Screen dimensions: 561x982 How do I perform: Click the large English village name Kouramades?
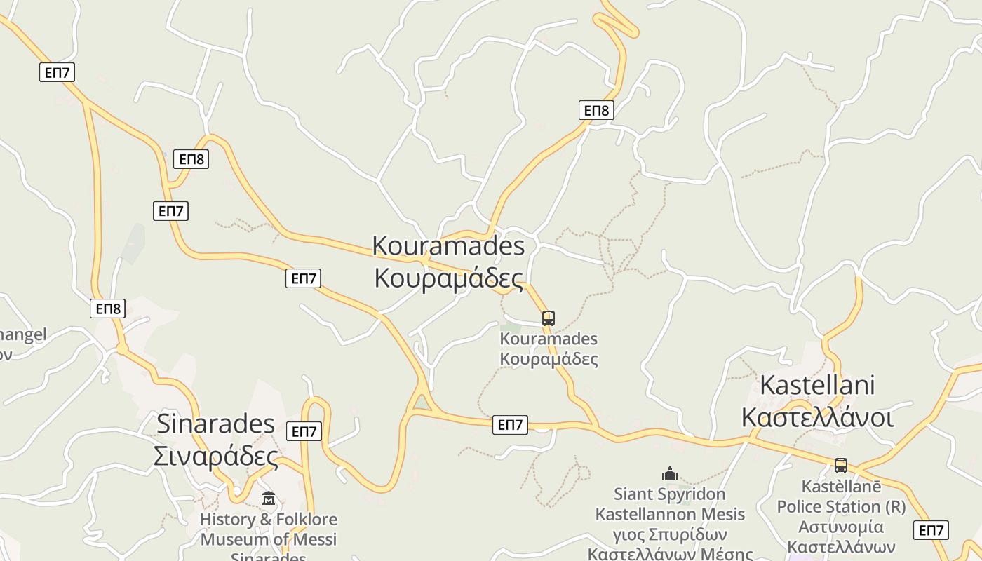click(x=448, y=246)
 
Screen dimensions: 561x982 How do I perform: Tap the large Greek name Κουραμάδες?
click(x=448, y=278)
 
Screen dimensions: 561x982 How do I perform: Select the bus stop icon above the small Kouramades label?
click(x=549, y=318)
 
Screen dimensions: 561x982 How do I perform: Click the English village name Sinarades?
click(x=215, y=424)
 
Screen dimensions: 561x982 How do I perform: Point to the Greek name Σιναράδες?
click(x=215, y=457)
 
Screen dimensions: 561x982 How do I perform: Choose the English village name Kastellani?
click(x=817, y=385)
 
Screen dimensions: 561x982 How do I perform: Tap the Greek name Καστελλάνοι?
click(x=817, y=418)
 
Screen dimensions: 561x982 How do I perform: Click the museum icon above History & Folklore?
click(x=269, y=499)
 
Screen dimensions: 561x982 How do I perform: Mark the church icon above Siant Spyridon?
click(x=670, y=474)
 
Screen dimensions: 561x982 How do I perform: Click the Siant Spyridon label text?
click(x=670, y=494)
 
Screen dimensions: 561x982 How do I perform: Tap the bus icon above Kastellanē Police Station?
click(x=840, y=465)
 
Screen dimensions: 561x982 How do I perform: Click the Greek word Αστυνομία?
click(x=841, y=527)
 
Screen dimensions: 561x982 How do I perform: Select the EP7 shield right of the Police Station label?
click(x=931, y=530)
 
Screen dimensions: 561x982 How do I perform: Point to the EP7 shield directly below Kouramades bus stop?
click(x=510, y=424)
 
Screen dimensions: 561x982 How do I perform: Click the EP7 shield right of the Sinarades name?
click(x=304, y=431)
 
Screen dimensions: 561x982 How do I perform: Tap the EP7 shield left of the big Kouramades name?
click(x=304, y=278)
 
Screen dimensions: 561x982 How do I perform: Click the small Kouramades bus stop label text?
click(x=549, y=349)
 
